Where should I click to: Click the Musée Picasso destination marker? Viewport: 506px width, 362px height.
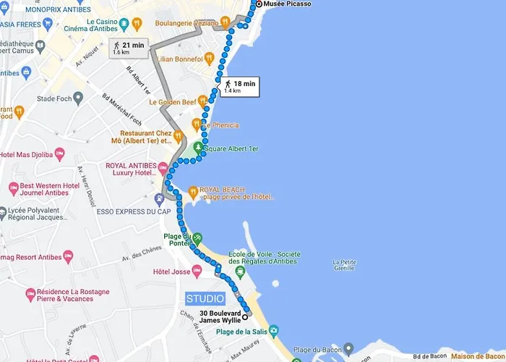(260, 4)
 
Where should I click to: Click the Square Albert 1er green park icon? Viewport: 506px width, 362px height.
(198, 148)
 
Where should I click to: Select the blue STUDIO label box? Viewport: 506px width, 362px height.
(205, 298)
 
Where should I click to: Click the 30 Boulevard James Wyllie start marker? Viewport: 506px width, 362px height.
(245, 316)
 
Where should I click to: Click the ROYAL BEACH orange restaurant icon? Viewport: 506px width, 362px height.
(192, 192)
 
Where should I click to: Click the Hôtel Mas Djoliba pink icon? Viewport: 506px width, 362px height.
(59, 153)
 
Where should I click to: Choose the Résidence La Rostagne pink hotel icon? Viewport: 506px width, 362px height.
(30, 294)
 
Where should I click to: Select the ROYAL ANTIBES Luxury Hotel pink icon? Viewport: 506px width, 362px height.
(164, 168)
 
